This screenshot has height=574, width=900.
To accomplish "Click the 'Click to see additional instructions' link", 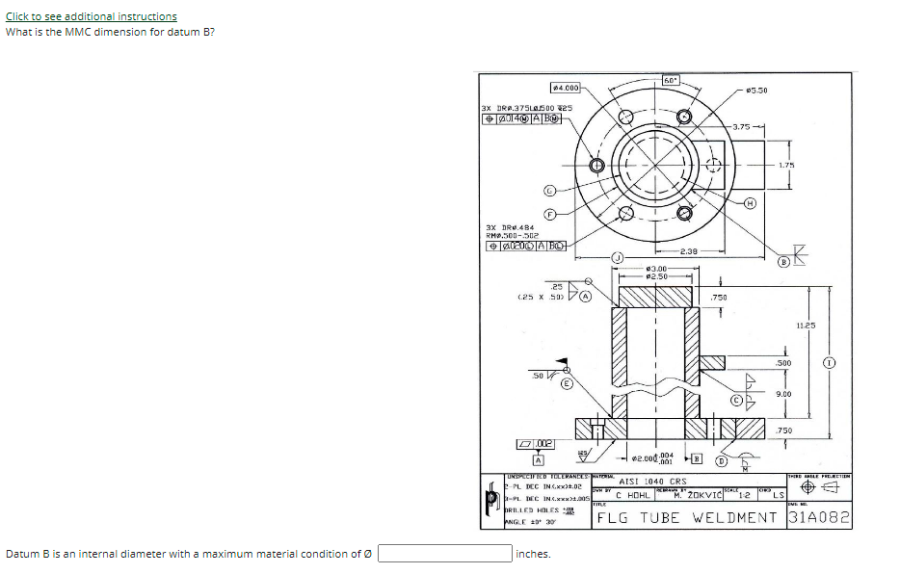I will point(92,16).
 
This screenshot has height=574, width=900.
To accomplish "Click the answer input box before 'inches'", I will point(444,554).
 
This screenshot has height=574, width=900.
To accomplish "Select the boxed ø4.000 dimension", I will point(565,88).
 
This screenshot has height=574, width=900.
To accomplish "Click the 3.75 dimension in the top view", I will point(742,127).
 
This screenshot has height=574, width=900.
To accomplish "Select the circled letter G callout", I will point(549,191).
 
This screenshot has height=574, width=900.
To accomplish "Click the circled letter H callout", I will point(751,203).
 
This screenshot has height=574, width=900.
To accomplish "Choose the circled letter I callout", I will point(828,363).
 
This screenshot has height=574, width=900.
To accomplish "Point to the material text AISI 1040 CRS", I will point(652,481).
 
